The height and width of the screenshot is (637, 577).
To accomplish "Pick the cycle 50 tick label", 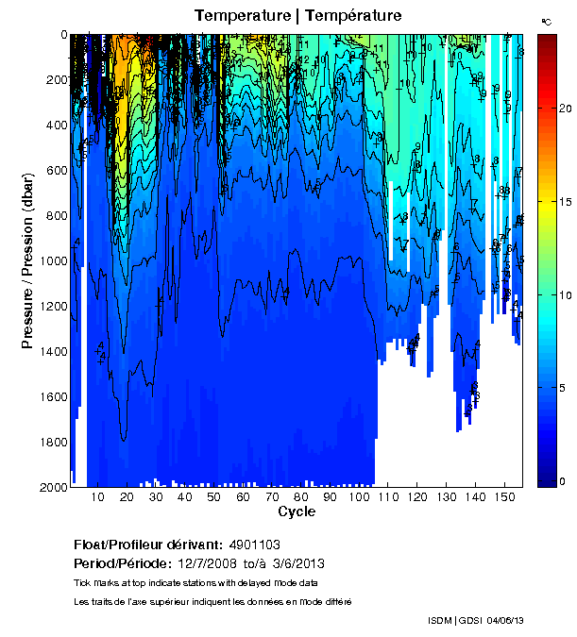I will tap(214, 497).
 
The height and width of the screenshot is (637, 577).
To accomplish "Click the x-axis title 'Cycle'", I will tap(297, 511).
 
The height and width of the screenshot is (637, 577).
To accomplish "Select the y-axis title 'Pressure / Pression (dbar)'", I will tap(28, 260).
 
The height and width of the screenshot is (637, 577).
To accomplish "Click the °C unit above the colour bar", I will tap(547, 21).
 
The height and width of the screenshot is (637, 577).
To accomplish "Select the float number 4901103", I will tap(254, 545).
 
